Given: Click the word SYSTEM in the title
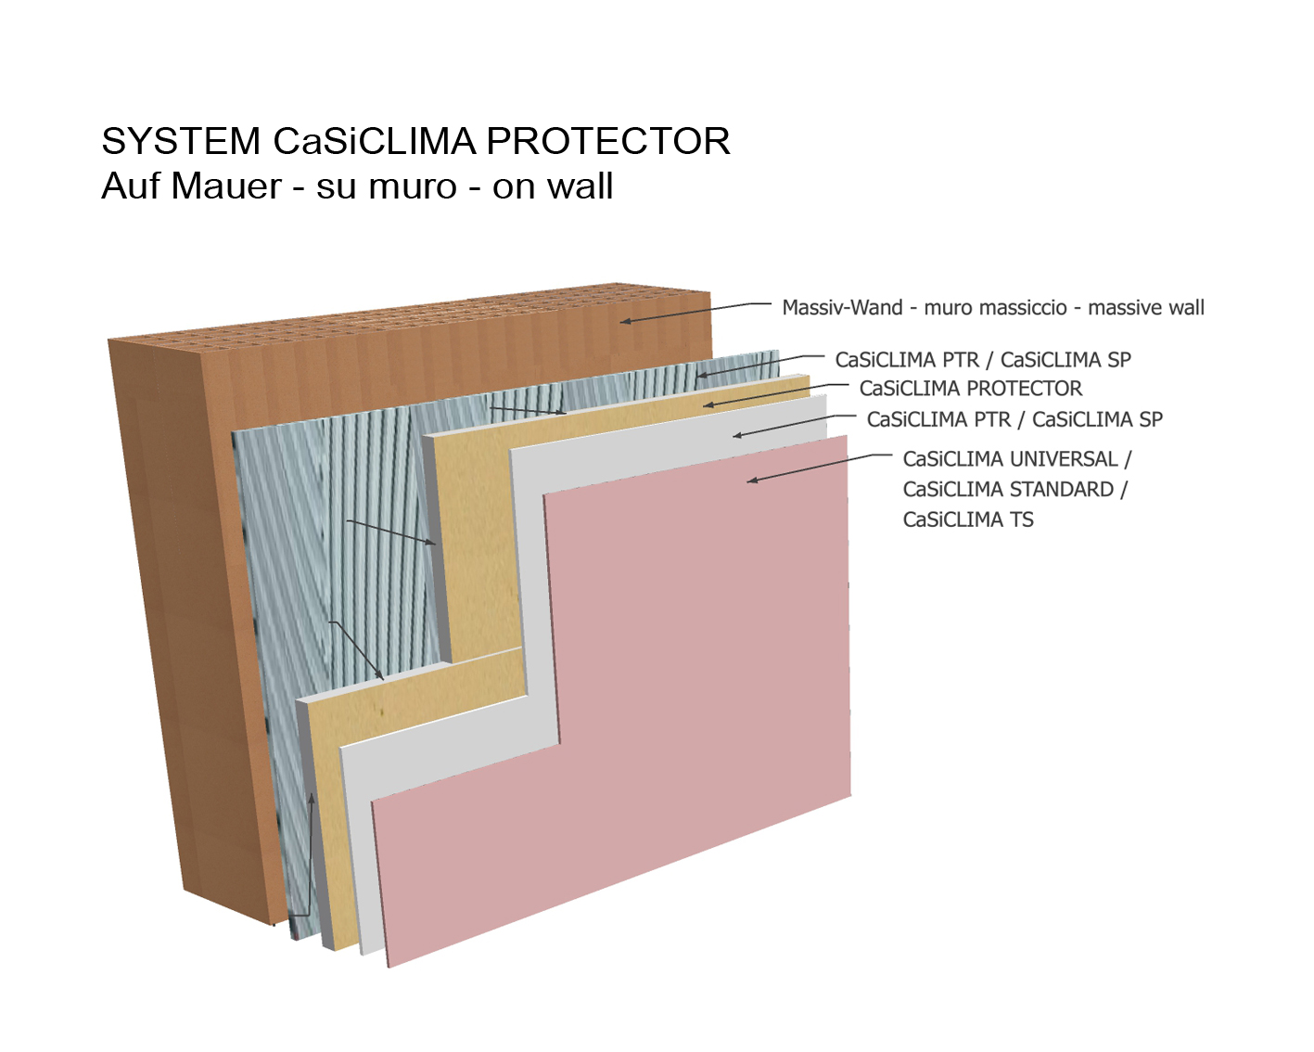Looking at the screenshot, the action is [181, 141].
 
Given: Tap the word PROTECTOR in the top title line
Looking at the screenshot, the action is [608, 141].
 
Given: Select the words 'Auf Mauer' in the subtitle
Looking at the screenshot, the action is [191, 186].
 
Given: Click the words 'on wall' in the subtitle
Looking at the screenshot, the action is [553, 186].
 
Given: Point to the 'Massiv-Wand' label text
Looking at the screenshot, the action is [842, 307].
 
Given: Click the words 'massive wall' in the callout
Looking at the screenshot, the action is [1146, 307].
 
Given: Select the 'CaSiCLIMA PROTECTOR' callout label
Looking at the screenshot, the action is [971, 388].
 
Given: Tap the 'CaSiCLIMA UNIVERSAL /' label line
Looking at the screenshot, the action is [1017, 459].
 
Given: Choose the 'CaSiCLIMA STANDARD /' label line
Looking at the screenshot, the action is [1014, 489].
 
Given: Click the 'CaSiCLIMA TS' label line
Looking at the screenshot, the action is [968, 520].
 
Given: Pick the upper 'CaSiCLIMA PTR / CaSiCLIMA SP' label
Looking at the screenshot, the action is [983, 360].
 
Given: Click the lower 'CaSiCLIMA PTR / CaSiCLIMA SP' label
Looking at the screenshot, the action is [1014, 419].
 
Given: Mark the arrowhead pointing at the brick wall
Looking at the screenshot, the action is [625, 321].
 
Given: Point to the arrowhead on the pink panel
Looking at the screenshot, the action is [752, 481].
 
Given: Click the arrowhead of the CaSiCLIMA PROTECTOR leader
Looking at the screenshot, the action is [708, 404].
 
